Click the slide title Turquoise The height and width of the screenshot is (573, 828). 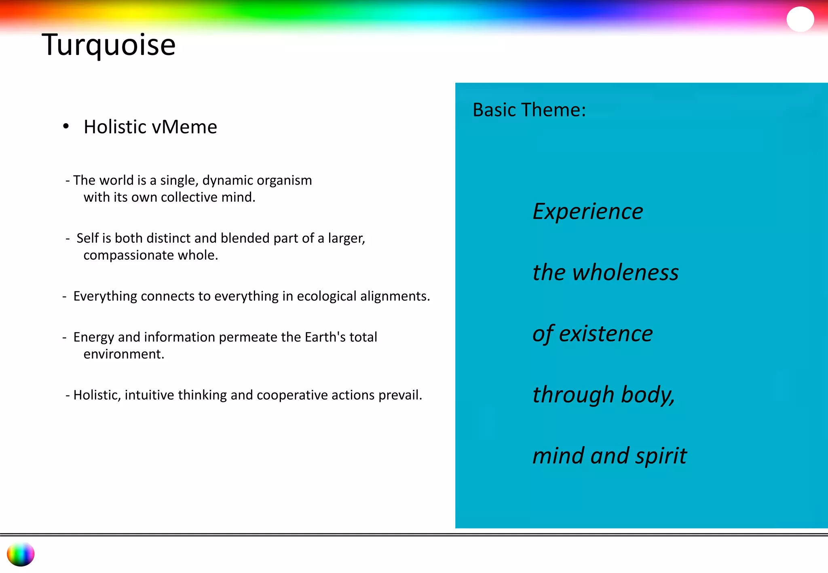(x=108, y=44)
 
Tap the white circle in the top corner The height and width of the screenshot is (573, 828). (x=800, y=19)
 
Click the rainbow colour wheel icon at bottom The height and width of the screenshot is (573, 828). (x=21, y=554)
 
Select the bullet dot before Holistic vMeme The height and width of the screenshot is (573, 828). (x=66, y=126)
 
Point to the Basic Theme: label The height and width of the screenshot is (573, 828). (x=529, y=110)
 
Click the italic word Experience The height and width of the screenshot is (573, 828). (x=587, y=211)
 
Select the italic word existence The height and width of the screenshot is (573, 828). (x=606, y=334)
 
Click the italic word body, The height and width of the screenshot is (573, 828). (x=648, y=395)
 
